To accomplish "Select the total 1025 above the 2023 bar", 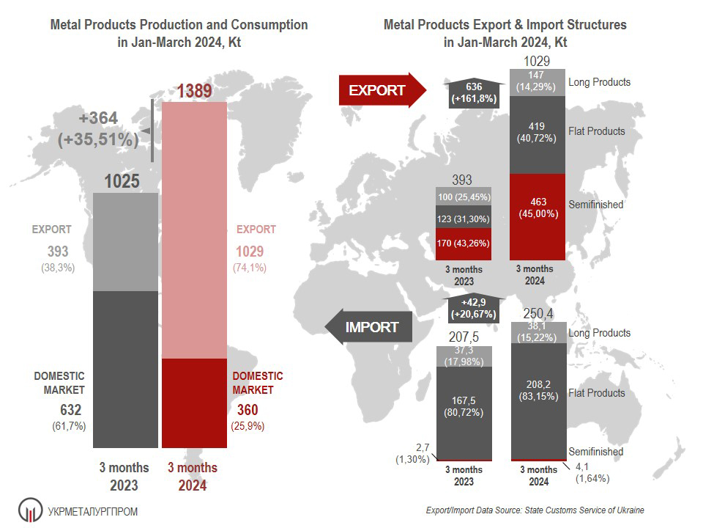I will pyautogui.click(x=122, y=180).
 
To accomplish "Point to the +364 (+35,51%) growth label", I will pyautogui.click(x=99, y=129).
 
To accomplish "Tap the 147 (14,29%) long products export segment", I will pyautogui.click(x=537, y=81).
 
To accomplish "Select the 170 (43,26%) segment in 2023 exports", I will pyautogui.click(x=463, y=243).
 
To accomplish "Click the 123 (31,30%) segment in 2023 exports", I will pyautogui.click(x=463, y=218).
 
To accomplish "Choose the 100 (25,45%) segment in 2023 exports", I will pyautogui.click(x=463, y=197).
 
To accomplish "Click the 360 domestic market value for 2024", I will pyautogui.click(x=248, y=410).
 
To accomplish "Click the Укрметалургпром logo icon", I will pyautogui.click(x=30, y=510).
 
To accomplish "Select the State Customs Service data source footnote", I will pyautogui.click(x=535, y=510).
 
